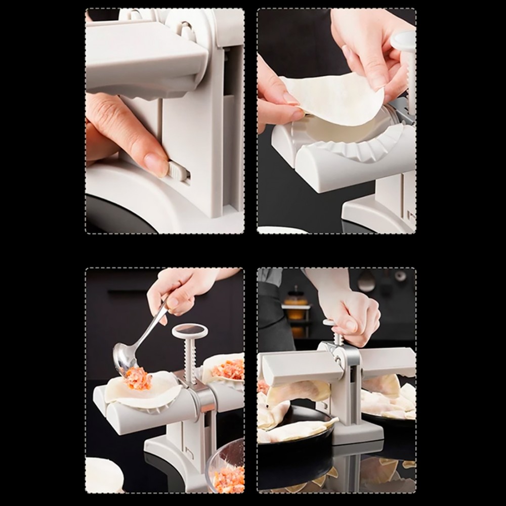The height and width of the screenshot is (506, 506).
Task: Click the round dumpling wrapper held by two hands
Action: (334, 99)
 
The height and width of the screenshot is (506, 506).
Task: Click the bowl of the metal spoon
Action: (124, 357)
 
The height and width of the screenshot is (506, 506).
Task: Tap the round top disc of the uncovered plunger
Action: (190, 331)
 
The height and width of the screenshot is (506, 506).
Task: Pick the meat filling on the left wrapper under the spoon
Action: (138, 378)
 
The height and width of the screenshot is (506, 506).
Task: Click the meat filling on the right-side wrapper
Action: (229, 369)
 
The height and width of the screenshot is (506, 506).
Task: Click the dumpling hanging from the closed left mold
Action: (299, 392)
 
